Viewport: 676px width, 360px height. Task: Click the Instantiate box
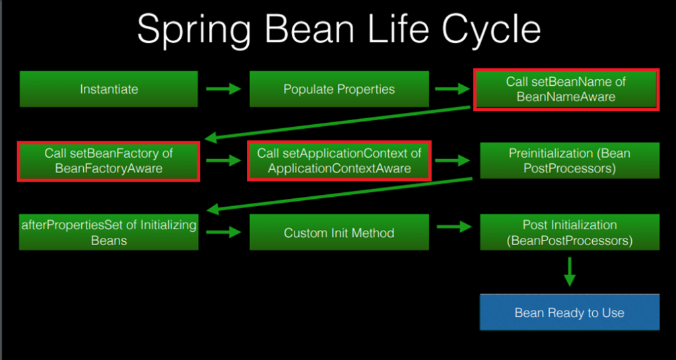click(x=108, y=89)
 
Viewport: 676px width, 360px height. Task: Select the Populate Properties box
click(x=339, y=89)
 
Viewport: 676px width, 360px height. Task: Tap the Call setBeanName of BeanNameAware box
click(x=566, y=89)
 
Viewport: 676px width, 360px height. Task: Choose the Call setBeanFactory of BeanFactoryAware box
click(x=108, y=161)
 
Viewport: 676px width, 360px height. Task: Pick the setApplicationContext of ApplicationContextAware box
click(x=339, y=161)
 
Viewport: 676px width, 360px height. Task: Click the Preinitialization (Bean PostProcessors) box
click(x=569, y=161)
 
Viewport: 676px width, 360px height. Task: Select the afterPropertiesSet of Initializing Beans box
click(x=108, y=233)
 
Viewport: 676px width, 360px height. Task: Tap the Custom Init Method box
click(x=339, y=233)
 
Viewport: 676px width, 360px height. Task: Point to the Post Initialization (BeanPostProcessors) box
click(x=569, y=233)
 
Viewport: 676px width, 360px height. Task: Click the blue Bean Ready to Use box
click(x=569, y=312)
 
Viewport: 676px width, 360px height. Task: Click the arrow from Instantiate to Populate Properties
click(x=223, y=89)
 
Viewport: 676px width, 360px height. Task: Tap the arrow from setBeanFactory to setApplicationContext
click(x=223, y=161)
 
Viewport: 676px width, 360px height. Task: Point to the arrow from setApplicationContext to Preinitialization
click(x=453, y=161)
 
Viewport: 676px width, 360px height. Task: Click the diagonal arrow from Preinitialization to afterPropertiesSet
click(x=340, y=194)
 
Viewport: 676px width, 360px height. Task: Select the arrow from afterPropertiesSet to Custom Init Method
click(x=223, y=233)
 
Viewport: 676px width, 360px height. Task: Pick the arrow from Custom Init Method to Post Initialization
click(x=453, y=227)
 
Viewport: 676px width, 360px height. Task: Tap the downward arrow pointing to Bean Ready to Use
click(x=569, y=271)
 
